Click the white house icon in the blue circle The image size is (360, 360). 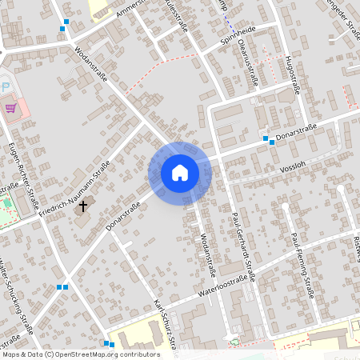pos(179,173)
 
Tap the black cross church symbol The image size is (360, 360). pos(82,206)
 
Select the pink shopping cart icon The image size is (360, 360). pos(10,107)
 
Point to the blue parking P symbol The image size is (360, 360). pos(3,86)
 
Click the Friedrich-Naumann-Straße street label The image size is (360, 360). pos(78,183)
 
